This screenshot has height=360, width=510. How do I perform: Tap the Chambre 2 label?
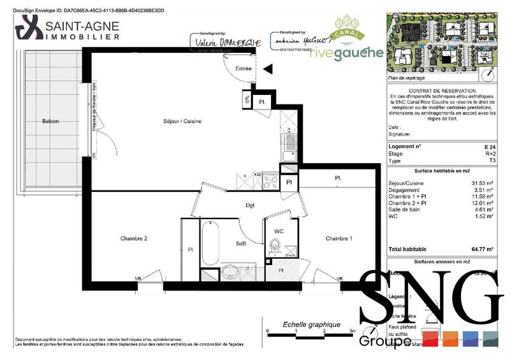point(134,238)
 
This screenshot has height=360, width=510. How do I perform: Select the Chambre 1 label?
point(339,238)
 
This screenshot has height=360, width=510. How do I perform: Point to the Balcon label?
point(50,121)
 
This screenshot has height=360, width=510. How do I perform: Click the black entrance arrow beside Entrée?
point(267,68)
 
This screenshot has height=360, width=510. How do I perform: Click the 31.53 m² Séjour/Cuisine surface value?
point(483,184)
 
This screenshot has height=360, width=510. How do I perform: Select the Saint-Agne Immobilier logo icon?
point(27,29)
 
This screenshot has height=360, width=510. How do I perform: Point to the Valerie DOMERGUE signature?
point(215,41)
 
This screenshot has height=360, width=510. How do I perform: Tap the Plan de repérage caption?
point(406,78)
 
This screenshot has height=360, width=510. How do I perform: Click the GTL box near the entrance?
point(247,100)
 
